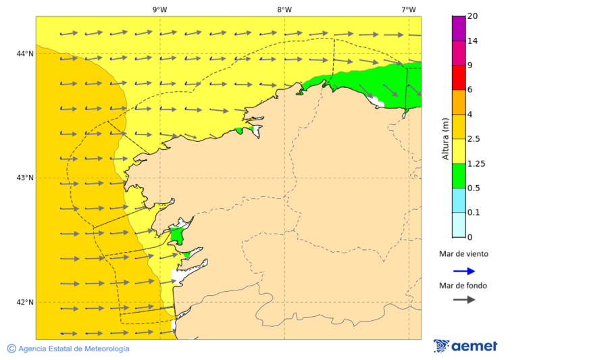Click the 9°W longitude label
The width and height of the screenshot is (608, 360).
click(159, 9)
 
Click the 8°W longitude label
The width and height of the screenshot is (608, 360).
click(284, 9)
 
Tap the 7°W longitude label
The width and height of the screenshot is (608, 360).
click(408, 9)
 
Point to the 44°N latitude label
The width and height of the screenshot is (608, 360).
click(25, 54)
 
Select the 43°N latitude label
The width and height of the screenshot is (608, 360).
click(25, 178)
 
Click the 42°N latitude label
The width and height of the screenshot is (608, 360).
click(25, 303)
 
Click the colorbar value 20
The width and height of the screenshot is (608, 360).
click(474, 16)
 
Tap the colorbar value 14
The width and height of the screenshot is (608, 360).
click(474, 41)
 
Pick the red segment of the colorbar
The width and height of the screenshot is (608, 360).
click(459, 78)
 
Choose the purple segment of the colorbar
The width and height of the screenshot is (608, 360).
click(459, 28)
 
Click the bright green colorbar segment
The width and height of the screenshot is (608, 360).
click(459, 176)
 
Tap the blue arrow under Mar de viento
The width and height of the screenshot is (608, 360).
click(463, 271)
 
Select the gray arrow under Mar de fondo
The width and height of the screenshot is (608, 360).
click(463, 300)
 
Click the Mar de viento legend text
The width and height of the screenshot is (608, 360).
click(463, 255)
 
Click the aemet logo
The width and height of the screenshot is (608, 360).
click(465, 346)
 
